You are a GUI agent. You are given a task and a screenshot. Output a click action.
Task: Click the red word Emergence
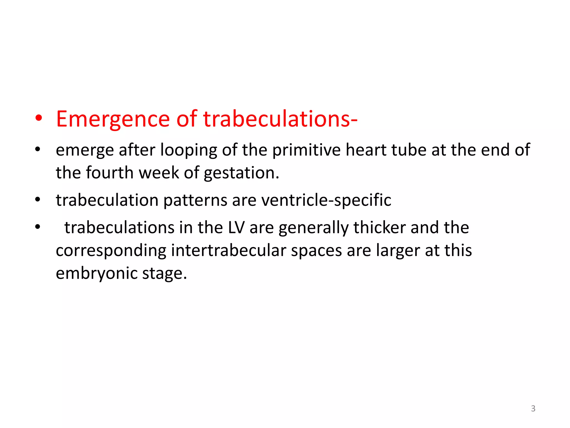point(113,119)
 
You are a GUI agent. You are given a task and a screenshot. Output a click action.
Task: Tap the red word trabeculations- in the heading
point(280,119)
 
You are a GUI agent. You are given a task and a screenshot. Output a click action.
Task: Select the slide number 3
point(533,408)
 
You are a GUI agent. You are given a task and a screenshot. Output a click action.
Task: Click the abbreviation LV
point(236,228)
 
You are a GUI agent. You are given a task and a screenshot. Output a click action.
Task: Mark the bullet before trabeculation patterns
point(38,200)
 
